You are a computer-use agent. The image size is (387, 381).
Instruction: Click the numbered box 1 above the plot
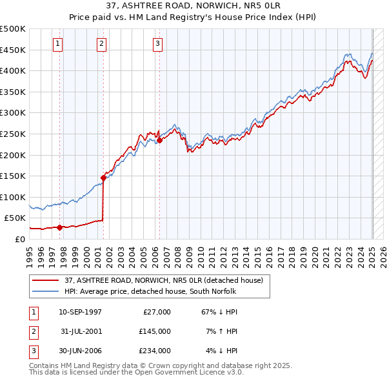pyautogui.click(x=58, y=44)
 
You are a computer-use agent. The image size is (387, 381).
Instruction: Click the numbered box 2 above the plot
pyautogui.click(x=102, y=44)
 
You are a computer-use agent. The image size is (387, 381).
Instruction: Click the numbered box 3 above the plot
pyautogui.click(x=158, y=44)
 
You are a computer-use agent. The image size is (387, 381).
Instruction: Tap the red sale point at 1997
pyautogui.click(x=59, y=227)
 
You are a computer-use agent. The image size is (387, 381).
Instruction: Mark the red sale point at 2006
pyautogui.click(x=159, y=140)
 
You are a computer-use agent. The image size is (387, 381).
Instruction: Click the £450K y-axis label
pyautogui.click(x=13, y=50)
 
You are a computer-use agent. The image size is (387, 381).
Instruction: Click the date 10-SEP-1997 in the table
pyautogui.click(x=80, y=312)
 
